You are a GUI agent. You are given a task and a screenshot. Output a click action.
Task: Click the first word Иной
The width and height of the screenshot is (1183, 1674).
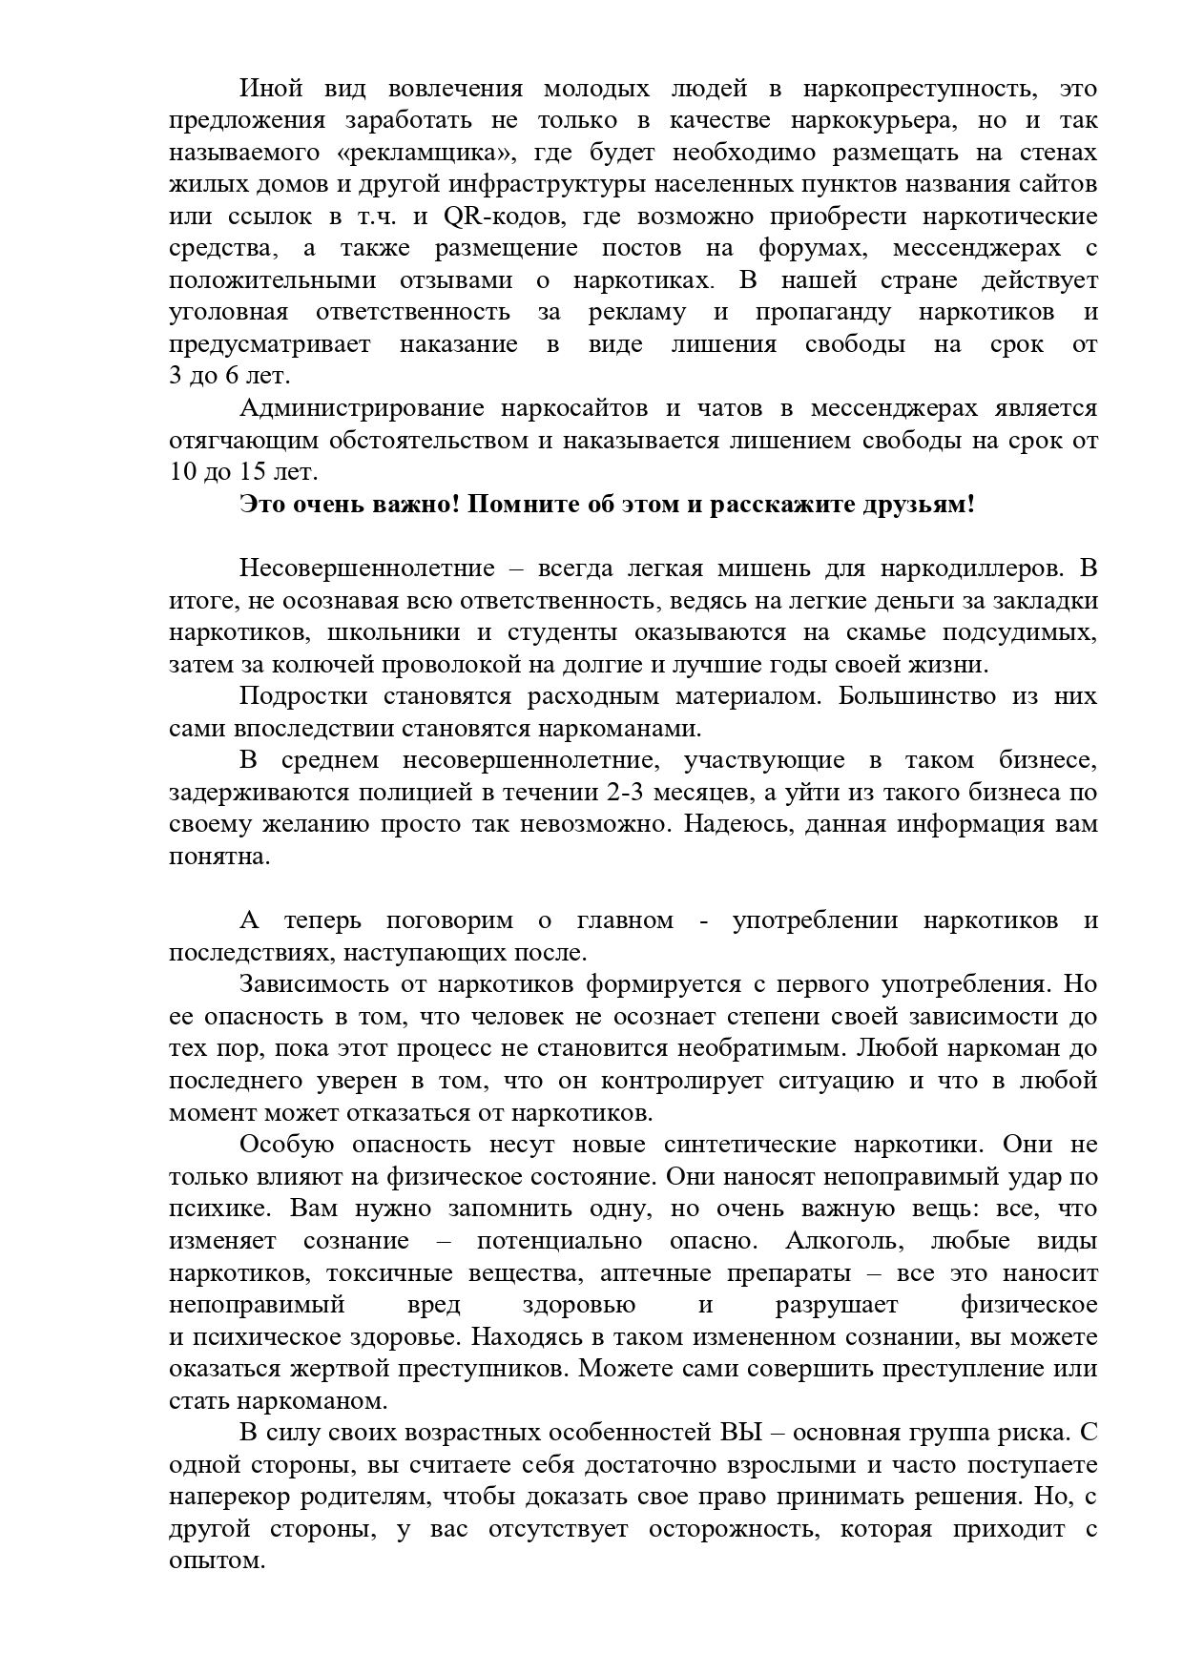[x=270, y=89]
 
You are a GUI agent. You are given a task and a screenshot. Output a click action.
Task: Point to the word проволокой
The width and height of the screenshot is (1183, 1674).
[x=394, y=665]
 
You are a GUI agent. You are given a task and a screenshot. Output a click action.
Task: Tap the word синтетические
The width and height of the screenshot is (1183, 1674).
[x=746, y=1145]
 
